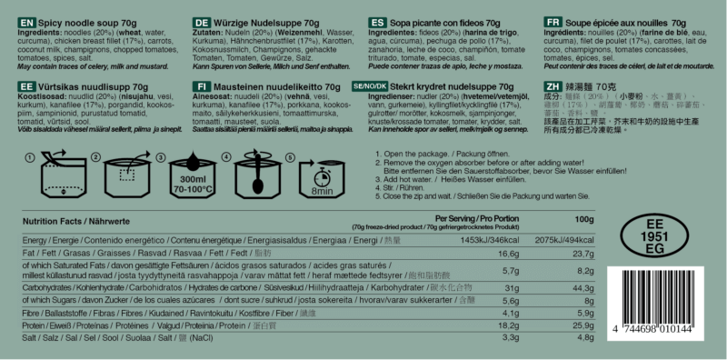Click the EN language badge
(x=26, y=19)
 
